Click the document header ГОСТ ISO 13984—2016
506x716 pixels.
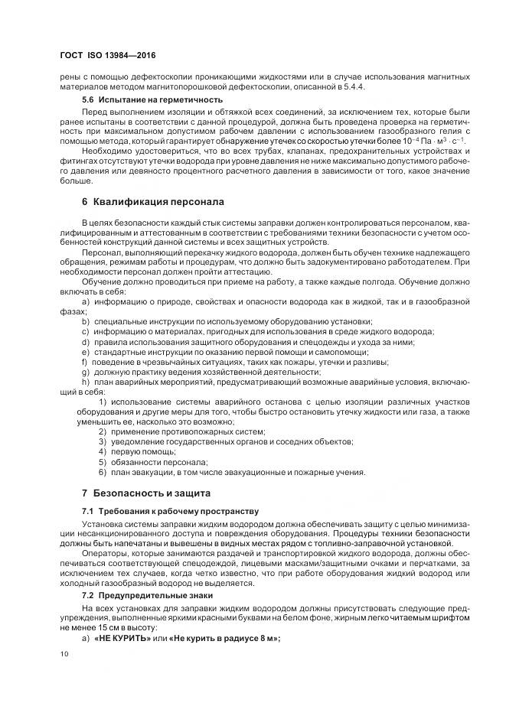(107, 56)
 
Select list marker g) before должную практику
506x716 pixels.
(85, 371)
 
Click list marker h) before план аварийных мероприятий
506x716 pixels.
(85, 381)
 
